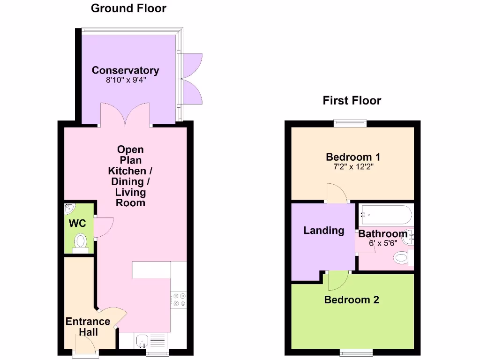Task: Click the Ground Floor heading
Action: coord(128,8)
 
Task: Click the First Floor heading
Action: coord(352,100)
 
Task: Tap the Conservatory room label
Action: coord(125,70)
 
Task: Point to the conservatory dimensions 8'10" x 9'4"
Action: coord(125,80)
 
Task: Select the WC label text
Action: coord(77,224)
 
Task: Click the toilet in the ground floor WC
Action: coord(81,242)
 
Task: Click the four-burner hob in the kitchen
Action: coord(179,300)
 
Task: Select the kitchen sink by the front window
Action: coord(142,340)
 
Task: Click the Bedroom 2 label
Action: coord(351,300)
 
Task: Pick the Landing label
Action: coord(323,230)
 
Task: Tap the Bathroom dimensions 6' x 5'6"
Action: coord(383,243)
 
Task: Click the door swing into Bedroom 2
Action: coord(338,280)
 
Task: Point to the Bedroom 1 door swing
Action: coord(336,193)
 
